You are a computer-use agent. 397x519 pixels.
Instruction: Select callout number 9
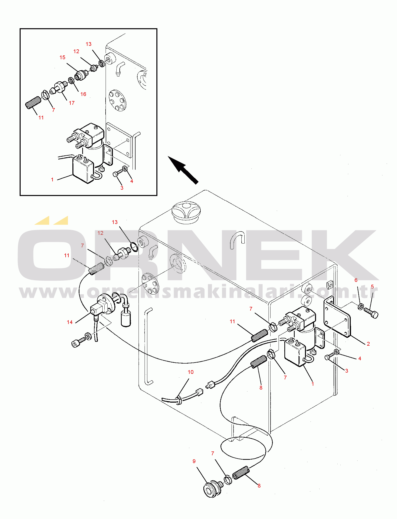[x=194, y=461]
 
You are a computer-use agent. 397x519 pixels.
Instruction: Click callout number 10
[x=191, y=372]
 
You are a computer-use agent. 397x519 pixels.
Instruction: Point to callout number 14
[x=70, y=322]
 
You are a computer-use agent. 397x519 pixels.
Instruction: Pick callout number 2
[x=368, y=344]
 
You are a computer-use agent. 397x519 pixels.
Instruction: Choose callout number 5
[x=372, y=286]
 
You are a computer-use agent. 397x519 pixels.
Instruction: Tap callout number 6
[x=356, y=280]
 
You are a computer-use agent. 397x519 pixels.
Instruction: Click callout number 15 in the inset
[x=62, y=57]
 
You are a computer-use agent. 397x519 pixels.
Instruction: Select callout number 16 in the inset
[x=83, y=94]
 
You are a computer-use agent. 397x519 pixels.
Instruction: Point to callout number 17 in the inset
[x=72, y=103]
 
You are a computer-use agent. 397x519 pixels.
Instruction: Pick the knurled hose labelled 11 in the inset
[x=33, y=103]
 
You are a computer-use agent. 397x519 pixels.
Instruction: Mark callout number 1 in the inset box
[x=52, y=179]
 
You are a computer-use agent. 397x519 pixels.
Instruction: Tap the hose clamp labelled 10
[x=179, y=400]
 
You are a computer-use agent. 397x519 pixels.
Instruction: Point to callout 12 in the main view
[x=100, y=233]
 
